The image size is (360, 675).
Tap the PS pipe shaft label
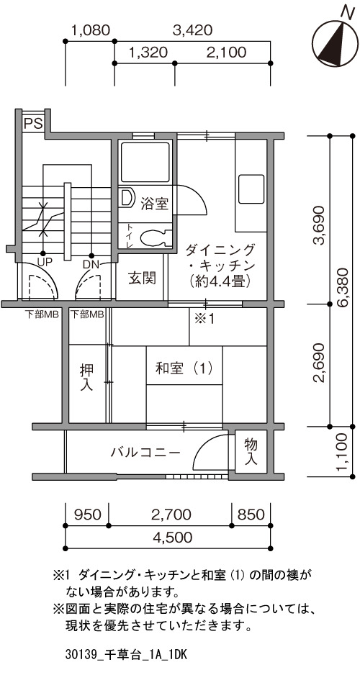(x=32, y=124)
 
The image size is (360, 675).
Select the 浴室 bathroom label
(x=154, y=203)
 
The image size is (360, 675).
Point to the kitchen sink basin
(x=251, y=189)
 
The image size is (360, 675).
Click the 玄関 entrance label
(x=143, y=278)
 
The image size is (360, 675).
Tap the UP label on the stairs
(x=42, y=262)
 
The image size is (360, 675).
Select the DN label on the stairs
(x=91, y=263)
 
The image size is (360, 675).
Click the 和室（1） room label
(x=184, y=368)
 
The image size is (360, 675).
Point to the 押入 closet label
(x=86, y=378)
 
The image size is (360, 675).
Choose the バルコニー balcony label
(x=145, y=453)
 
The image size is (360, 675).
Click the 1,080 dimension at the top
(x=91, y=30)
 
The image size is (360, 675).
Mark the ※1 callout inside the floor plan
(x=204, y=319)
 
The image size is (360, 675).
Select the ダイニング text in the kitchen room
(x=220, y=249)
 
